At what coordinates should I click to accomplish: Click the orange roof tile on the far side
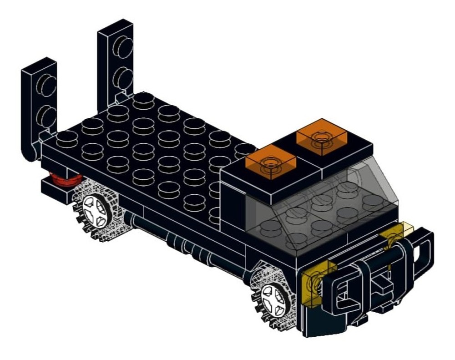pos(321,136)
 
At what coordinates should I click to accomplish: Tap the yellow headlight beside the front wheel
pos(313,285)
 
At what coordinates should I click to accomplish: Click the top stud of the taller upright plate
pos(123,46)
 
